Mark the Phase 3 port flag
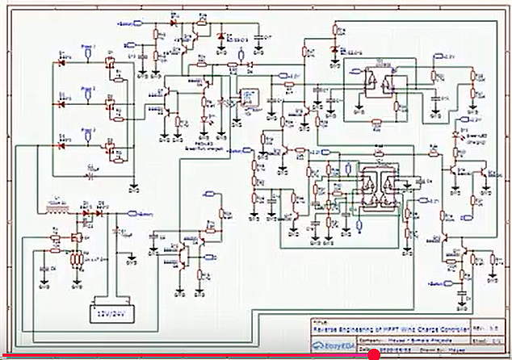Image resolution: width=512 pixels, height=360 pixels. click(x=87, y=130)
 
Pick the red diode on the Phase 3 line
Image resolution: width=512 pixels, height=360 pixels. click(x=61, y=145)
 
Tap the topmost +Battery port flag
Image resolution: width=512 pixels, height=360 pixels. click(x=128, y=25)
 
